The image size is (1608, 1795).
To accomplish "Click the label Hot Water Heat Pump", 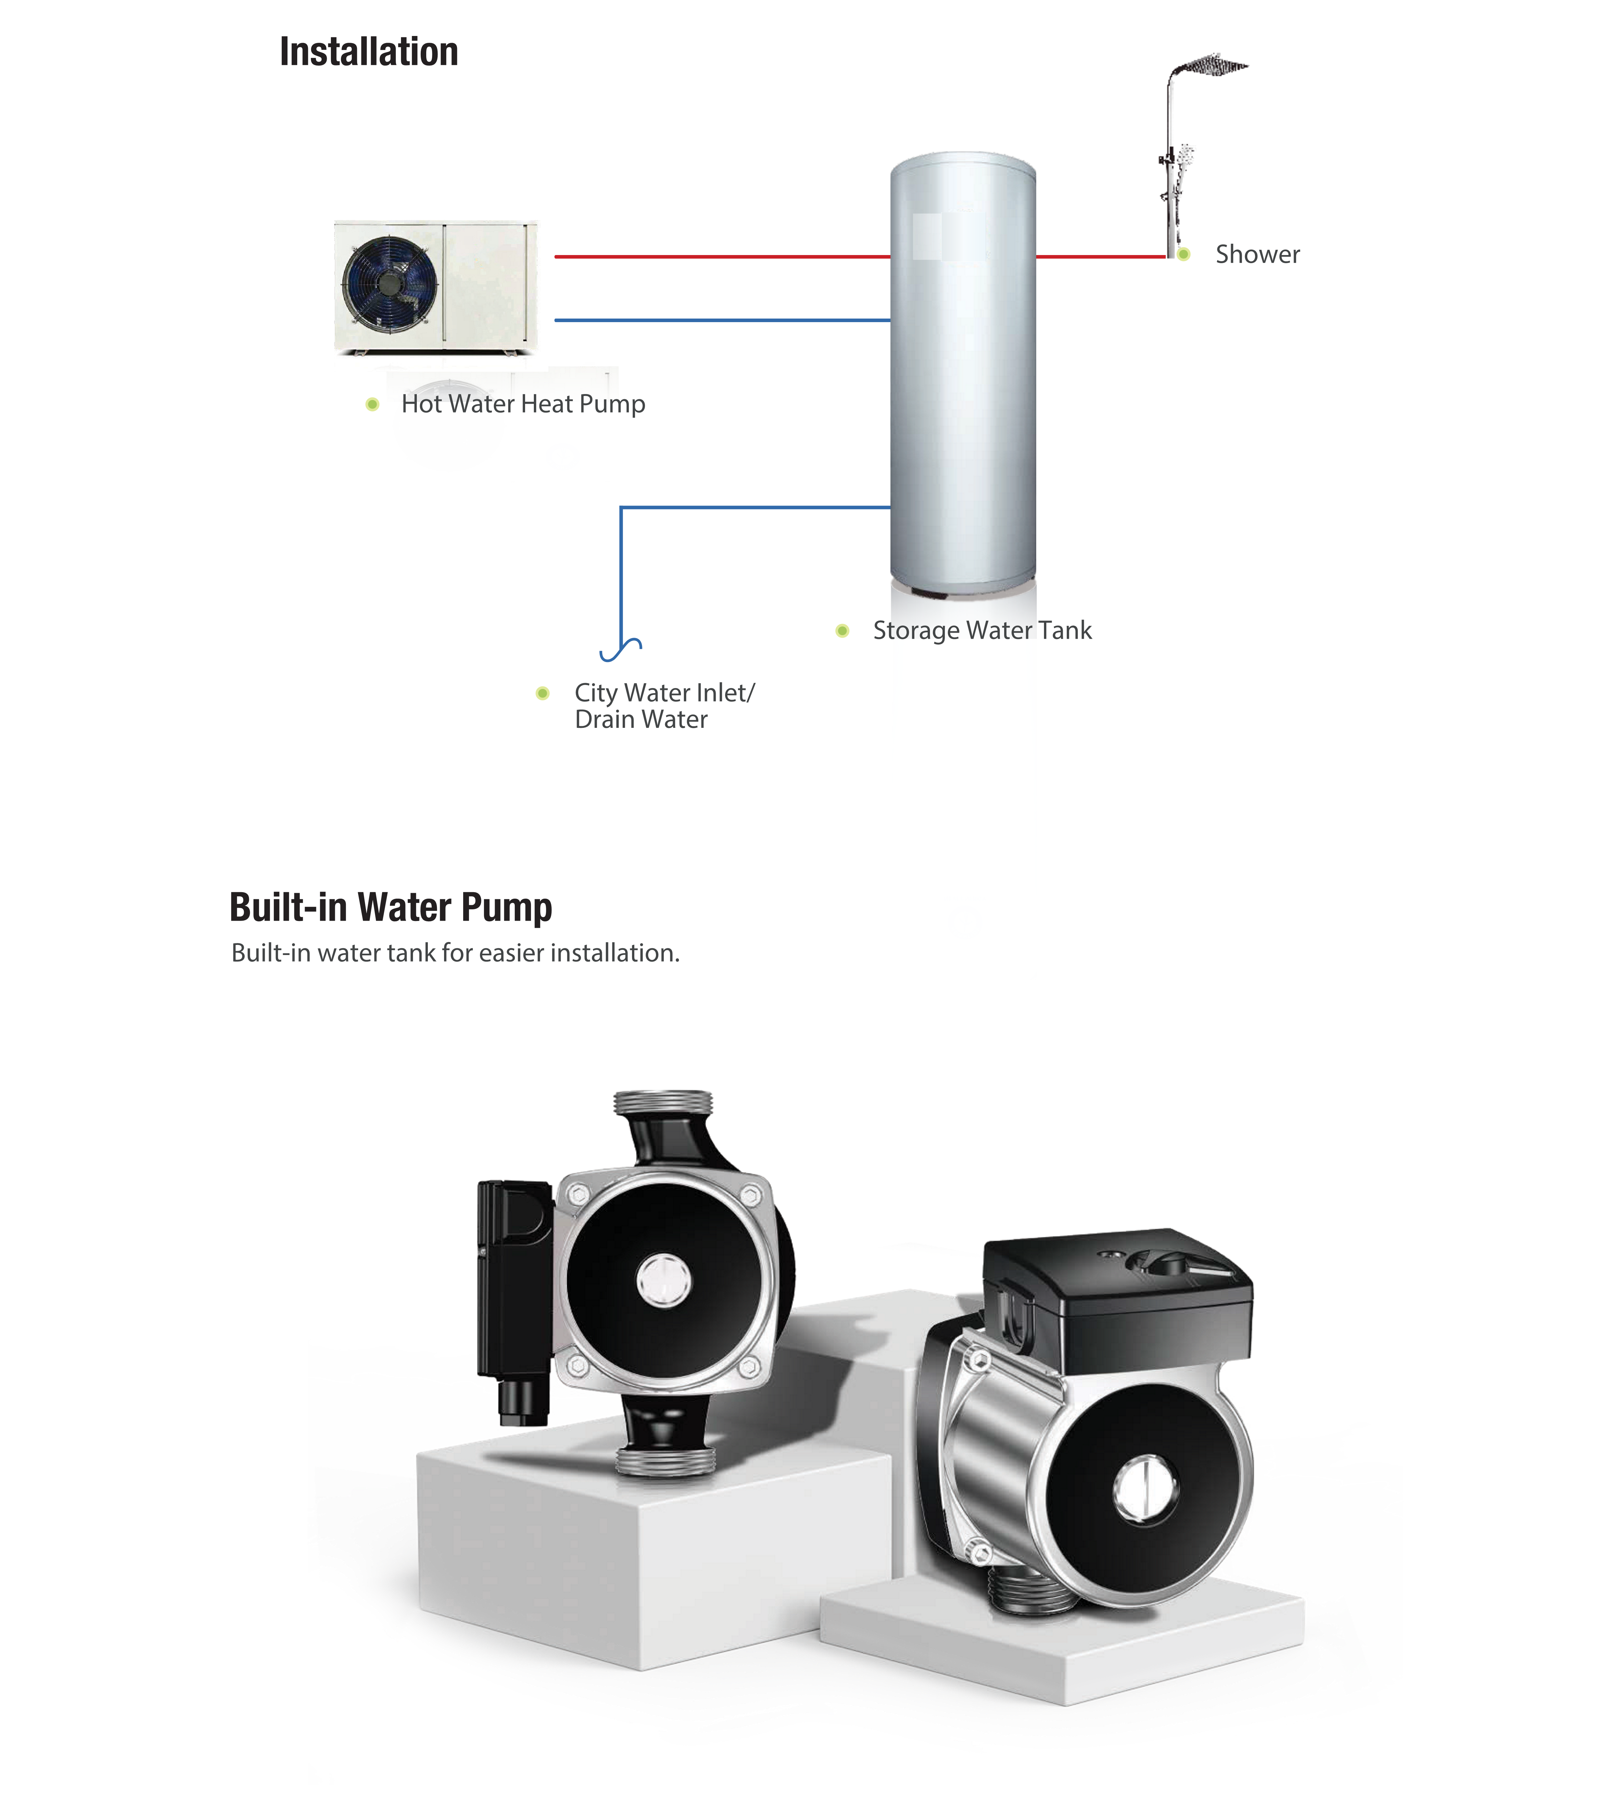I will (523, 404).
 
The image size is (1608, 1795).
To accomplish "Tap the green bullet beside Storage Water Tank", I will (842, 631).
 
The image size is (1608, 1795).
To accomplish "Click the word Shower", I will (1257, 254).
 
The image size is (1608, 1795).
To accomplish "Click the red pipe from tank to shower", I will (1100, 256).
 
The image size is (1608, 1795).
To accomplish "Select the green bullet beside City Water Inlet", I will (543, 694).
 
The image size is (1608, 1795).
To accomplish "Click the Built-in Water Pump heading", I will (391, 907).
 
